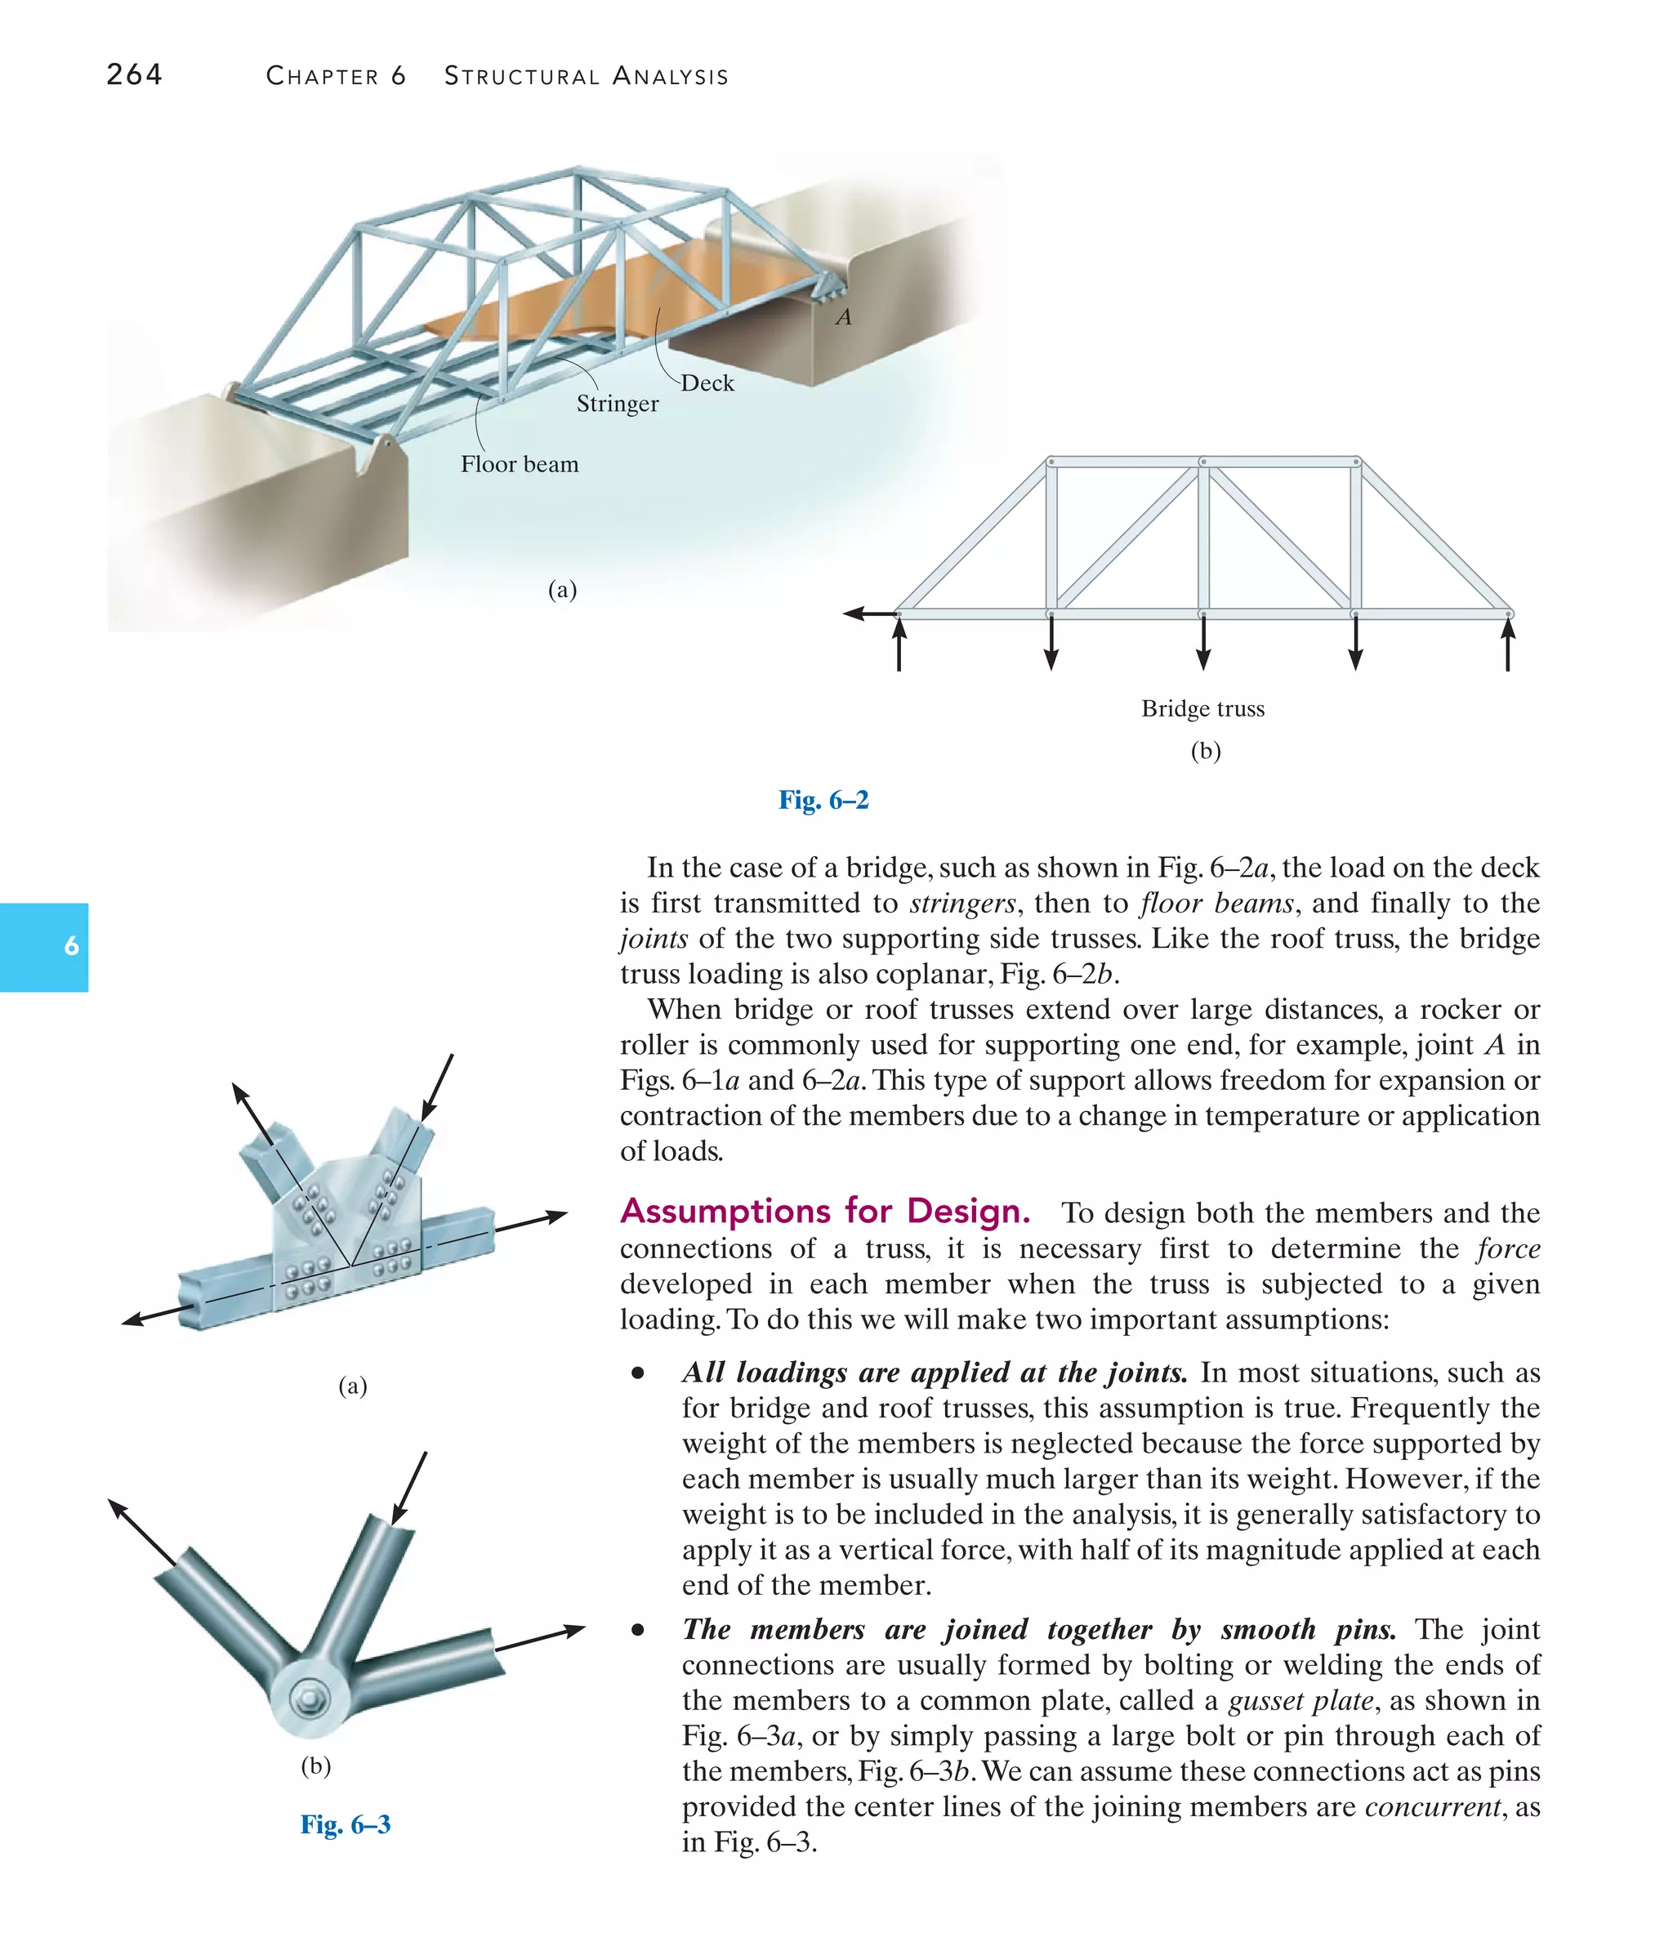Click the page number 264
tap(134, 74)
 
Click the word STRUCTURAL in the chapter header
tap(521, 76)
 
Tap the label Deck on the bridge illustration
tap(707, 382)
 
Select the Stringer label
tap(617, 404)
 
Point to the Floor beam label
tap(520, 464)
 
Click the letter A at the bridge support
tap(844, 318)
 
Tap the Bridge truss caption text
tap(1202, 708)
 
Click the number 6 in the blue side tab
tap(71, 946)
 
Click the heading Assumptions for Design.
tap(825, 1211)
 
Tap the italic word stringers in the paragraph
tap(961, 903)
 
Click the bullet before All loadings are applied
tap(638, 1374)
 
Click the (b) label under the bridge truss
tap(1205, 751)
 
